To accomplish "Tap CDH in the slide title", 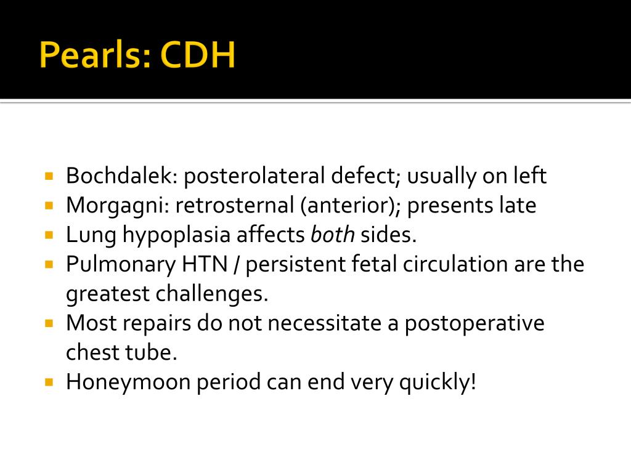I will (x=198, y=56).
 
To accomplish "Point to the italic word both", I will (x=332, y=235).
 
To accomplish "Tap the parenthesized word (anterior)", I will (x=351, y=206).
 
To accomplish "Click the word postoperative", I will (x=474, y=323).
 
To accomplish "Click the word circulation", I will (x=462, y=265).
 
